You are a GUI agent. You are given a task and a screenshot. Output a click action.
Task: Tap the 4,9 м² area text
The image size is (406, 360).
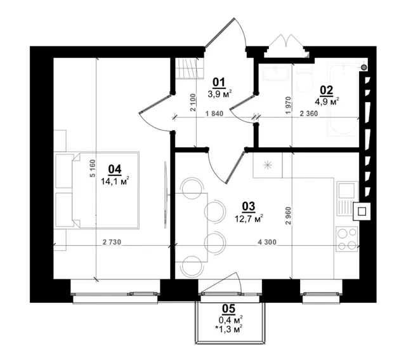(327, 102)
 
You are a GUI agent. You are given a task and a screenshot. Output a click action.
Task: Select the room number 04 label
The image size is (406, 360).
(115, 170)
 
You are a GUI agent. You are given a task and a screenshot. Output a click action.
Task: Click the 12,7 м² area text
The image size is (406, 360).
(249, 218)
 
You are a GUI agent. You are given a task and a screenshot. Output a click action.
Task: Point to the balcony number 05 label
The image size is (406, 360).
(229, 309)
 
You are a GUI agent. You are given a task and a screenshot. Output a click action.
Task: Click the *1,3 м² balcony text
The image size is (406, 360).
(229, 329)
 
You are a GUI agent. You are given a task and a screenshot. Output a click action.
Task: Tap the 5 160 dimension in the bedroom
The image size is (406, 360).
(93, 168)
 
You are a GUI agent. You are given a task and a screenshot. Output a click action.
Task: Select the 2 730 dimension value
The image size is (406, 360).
(112, 242)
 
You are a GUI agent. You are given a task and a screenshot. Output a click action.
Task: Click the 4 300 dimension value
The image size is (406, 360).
(267, 242)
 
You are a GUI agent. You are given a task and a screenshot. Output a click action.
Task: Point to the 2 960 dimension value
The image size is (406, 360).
(289, 216)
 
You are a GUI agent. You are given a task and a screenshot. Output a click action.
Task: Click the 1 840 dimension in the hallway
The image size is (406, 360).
(214, 114)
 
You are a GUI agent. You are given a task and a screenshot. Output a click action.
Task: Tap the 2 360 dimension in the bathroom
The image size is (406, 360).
(309, 114)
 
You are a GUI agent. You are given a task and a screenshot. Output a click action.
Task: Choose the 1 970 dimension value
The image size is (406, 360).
(289, 105)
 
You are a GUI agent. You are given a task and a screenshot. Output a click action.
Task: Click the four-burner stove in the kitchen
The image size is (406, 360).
(347, 239)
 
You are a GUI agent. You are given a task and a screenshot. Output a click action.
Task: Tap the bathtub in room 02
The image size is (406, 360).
(343, 99)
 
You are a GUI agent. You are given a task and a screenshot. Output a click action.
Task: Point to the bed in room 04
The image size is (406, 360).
(98, 190)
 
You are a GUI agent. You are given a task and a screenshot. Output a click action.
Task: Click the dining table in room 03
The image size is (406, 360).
(192, 227)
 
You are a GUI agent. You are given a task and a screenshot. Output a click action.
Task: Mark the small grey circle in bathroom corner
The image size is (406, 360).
(364, 68)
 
